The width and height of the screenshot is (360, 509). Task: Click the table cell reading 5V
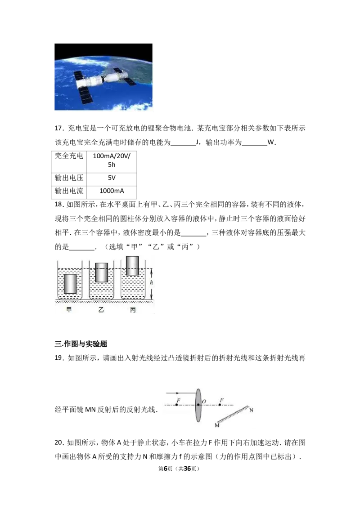pos(112,178)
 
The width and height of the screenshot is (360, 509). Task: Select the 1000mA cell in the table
pos(112,191)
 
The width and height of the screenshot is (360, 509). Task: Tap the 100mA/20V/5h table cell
pos(112,161)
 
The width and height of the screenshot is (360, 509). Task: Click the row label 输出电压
pos(69,178)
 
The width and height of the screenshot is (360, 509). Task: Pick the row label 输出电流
pos(69,191)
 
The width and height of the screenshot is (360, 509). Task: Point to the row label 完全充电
pos(69,156)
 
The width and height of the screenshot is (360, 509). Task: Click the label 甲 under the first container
pos(69,310)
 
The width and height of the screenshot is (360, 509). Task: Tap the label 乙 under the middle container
pos(101,310)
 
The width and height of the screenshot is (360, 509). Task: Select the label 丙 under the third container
pos(133,310)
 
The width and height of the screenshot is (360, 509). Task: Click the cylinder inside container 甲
pos(70,284)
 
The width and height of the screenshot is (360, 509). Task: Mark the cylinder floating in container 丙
pos(132,266)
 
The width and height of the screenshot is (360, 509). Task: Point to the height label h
pos(151,283)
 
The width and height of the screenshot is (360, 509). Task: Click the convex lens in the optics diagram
pos(198,405)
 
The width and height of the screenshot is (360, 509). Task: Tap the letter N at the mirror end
pos(251,411)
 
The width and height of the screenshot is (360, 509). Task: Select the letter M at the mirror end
pos(217,425)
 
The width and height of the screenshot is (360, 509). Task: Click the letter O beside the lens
pos(204,402)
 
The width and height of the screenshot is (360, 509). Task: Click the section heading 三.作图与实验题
pos(81,344)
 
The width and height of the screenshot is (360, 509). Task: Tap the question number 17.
pos(58,128)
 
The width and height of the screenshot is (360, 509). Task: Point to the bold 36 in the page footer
pos(187,469)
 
